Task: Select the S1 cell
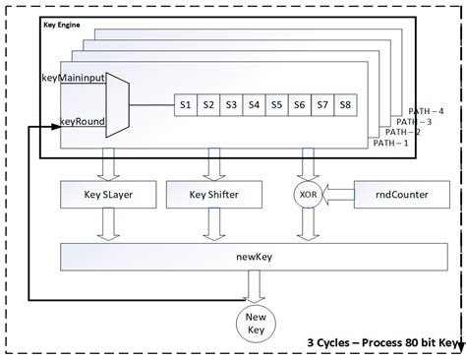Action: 183,104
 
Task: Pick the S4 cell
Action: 254,104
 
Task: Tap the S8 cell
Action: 346,104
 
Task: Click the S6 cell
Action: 300,104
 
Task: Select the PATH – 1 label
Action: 391,143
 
